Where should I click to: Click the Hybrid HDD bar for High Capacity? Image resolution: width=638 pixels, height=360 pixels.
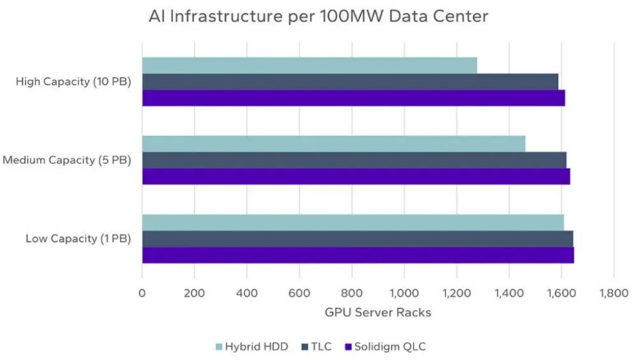coord(309,66)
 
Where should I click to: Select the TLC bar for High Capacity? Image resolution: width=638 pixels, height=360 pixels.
coord(350,82)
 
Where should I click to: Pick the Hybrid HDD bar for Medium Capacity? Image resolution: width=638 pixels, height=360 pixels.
coord(334,144)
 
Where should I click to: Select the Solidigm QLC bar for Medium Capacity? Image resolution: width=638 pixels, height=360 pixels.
coord(355,177)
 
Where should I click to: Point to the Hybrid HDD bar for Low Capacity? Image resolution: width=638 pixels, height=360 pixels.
coord(353,222)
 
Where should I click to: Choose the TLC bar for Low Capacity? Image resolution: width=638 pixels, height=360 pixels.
coord(357,239)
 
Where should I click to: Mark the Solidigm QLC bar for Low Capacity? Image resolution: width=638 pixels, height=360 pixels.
coord(358,255)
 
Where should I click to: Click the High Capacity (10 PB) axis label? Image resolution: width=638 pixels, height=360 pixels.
coord(74,82)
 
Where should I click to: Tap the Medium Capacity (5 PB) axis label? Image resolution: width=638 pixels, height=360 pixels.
coord(67,160)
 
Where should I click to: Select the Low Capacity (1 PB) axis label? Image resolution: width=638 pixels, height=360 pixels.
coord(78,239)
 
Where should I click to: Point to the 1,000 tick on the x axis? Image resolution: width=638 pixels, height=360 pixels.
coord(404,292)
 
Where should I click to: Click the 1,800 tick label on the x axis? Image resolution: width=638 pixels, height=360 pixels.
coord(614,292)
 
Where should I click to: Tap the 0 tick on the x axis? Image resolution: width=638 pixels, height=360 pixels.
coord(142,292)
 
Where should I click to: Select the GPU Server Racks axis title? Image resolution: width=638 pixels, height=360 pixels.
coord(378,313)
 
